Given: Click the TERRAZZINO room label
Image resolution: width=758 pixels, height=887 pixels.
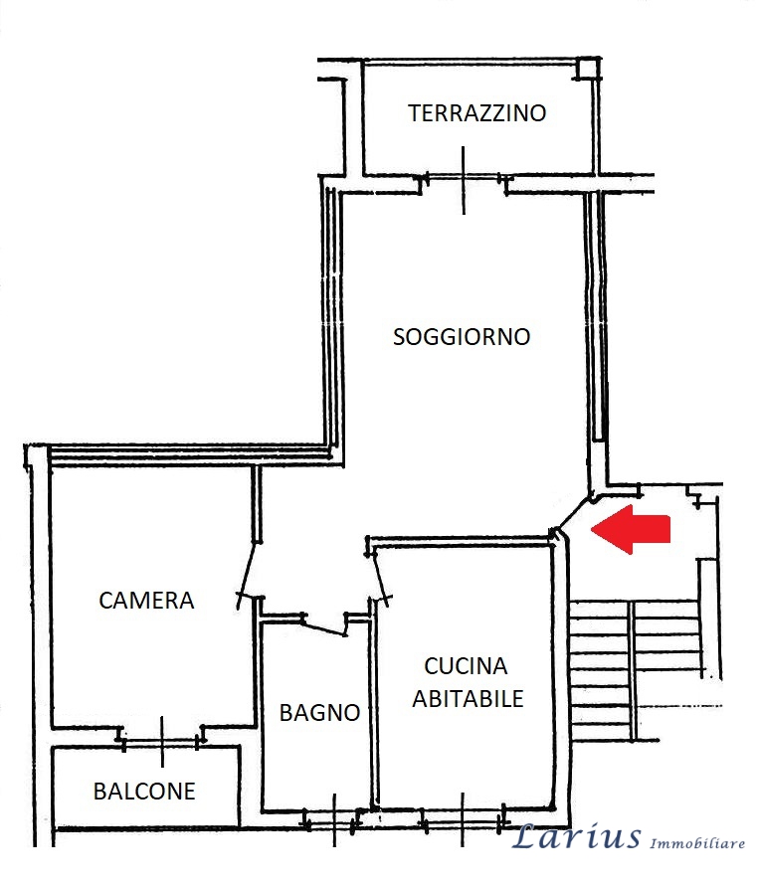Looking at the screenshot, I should [x=477, y=112].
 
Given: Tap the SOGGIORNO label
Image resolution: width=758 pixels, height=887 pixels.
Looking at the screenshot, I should [x=462, y=336].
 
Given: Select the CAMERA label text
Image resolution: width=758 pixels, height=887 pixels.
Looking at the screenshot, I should [x=146, y=601].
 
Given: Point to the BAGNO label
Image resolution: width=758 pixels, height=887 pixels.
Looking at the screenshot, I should [x=318, y=712].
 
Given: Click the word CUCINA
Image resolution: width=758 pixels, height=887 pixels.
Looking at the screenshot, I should [x=466, y=666].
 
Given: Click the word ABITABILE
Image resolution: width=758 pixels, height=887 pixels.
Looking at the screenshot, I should [x=468, y=699].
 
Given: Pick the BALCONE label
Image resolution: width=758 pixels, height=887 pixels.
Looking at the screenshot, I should [x=144, y=792].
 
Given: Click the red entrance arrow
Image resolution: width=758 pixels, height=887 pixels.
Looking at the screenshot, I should [x=631, y=529].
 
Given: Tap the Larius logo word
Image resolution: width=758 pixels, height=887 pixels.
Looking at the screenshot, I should [x=576, y=837].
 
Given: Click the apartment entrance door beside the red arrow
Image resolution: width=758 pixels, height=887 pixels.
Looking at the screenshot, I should [x=572, y=513].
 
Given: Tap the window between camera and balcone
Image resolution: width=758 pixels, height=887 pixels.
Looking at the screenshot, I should [x=161, y=738].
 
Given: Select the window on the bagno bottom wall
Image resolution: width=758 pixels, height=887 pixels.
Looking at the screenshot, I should [x=333, y=820].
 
